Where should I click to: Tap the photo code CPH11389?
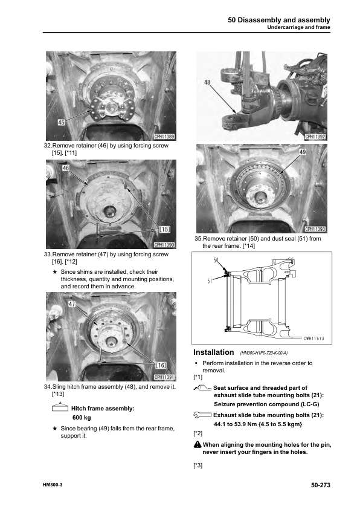tap(164, 137)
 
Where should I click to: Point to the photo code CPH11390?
tap(164, 245)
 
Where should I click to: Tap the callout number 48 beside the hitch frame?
tap(207, 83)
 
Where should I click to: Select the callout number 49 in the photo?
tap(302, 153)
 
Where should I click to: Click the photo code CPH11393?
tap(316, 229)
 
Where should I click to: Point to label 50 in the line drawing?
tap(216, 261)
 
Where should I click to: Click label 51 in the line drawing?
tap(211, 280)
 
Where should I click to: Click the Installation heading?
tap(213, 352)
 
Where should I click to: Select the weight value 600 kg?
tap(81, 418)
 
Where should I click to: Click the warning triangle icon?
tap(198, 444)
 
